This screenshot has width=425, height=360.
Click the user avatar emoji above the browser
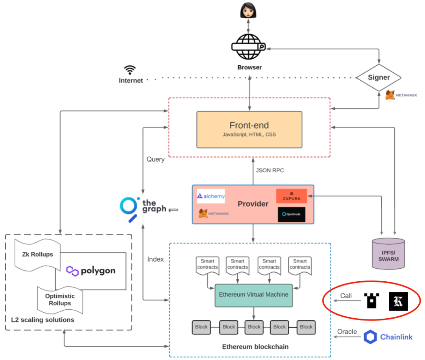249,10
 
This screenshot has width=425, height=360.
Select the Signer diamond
379,78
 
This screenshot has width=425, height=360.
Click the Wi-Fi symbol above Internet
130,70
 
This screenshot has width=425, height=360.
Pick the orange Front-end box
249,129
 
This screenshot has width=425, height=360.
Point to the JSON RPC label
270,170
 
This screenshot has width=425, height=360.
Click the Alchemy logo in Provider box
211,196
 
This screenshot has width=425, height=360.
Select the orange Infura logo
291,196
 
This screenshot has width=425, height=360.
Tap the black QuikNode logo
291,214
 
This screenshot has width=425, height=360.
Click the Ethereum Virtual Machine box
253,295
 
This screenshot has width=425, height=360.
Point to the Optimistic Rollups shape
60,299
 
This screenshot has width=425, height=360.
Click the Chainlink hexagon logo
370,337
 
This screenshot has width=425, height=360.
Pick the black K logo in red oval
398,301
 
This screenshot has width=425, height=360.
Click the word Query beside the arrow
155,159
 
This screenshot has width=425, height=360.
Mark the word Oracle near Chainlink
347,332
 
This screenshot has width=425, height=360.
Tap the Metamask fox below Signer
390,95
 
